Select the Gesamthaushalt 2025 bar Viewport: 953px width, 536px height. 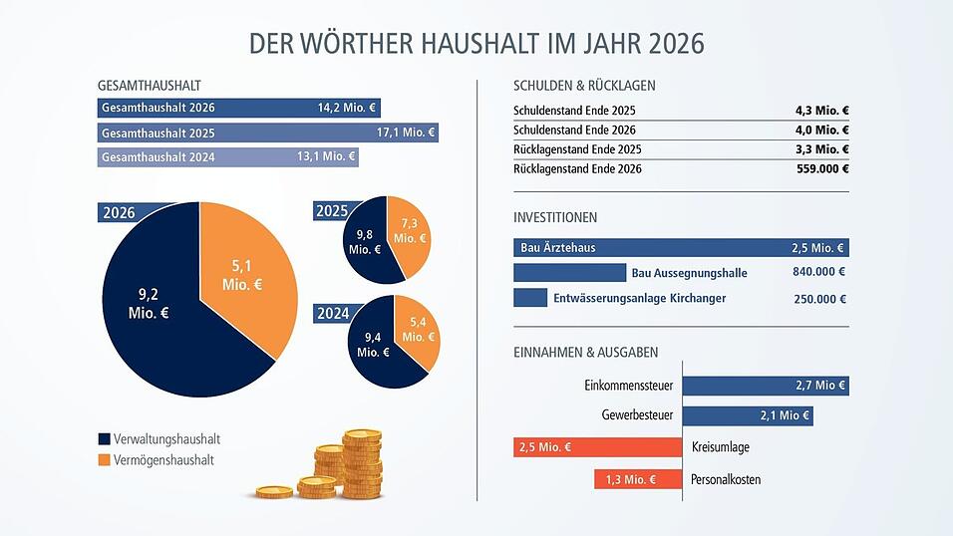click(x=267, y=133)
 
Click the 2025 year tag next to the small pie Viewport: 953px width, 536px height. click(x=331, y=211)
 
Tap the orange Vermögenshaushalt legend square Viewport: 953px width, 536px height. click(x=104, y=460)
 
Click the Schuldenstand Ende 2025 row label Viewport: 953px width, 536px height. click(x=574, y=111)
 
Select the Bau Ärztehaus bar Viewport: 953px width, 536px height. click(x=681, y=248)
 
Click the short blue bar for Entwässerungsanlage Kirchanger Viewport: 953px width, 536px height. click(x=530, y=298)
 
